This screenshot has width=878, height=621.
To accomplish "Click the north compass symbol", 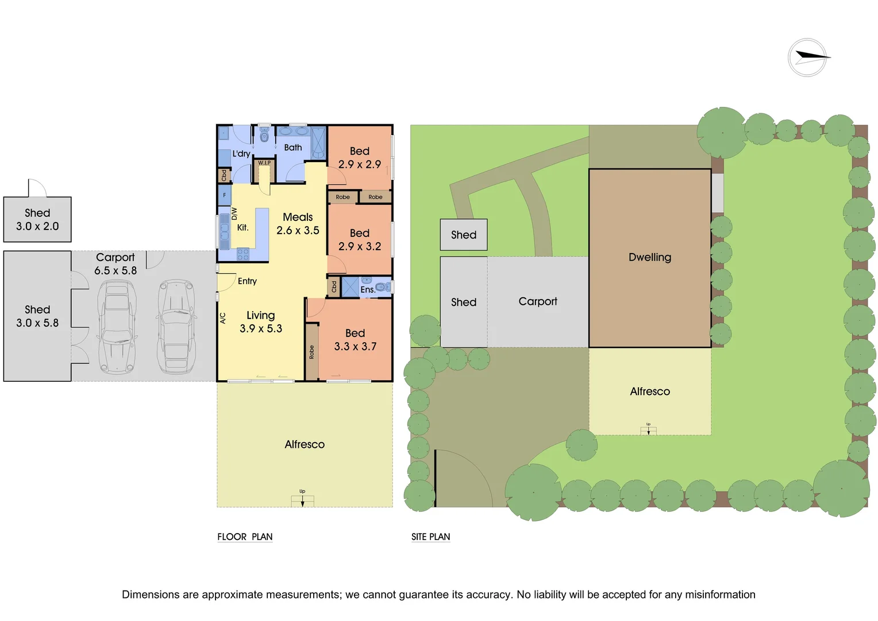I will tap(807, 57).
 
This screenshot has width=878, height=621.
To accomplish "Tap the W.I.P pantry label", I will tap(264, 163).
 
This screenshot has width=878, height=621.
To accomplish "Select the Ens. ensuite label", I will tap(368, 290).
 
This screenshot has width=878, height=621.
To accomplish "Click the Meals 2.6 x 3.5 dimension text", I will tap(298, 231).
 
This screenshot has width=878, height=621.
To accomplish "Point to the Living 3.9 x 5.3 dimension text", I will tap(261, 329).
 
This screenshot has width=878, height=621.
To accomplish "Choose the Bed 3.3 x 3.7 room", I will tap(355, 340).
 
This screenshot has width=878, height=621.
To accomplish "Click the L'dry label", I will tap(241, 154).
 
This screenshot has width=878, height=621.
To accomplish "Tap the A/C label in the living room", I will tap(223, 318).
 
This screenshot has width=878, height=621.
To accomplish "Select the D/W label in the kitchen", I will tap(234, 214).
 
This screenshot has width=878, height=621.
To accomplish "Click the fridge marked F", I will tap(225, 195).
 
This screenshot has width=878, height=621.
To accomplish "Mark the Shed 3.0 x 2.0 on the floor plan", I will tap(37, 220).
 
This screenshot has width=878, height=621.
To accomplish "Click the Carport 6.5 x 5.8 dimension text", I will tap(115, 270).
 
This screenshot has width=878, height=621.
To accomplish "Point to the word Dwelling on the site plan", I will tap(650, 258).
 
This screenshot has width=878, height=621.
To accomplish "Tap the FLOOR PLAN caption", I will tap(245, 537).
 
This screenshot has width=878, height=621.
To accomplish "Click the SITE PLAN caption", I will tap(430, 537).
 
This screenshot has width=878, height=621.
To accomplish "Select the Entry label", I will tap(247, 281).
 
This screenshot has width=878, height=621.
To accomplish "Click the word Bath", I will tap(293, 148).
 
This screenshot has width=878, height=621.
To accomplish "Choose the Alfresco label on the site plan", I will tap(650, 392).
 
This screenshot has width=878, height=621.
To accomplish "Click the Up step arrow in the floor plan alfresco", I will tap(302, 500).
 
